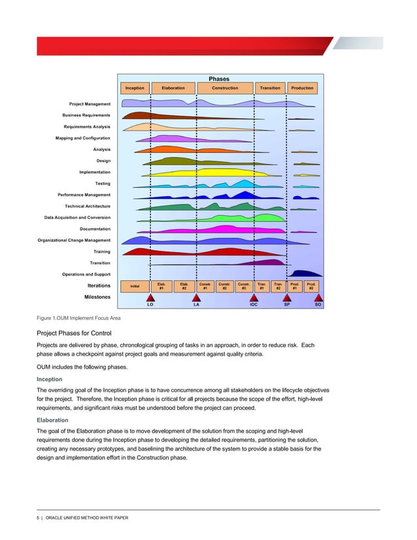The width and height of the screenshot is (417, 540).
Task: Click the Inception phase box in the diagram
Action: pos(135,88)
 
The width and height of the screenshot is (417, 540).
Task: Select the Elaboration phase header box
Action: pos(173,88)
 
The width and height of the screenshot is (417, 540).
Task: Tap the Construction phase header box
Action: pos(225,88)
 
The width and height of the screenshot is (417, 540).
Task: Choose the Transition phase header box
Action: pos(270,88)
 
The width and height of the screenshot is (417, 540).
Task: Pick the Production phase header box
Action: pos(302,88)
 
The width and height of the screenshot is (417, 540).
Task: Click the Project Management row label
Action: pos(90,104)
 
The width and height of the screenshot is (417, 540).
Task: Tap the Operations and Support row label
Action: pos(86,274)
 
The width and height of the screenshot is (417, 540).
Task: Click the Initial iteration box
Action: pos(135,286)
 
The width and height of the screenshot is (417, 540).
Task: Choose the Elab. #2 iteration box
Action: pos(185,286)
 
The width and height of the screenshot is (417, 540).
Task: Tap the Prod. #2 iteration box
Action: pos(312,286)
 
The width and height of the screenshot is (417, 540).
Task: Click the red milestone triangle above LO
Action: pos(150,297)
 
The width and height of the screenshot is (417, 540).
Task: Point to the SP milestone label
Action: pos(286,305)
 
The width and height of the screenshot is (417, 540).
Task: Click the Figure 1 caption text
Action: pos(78,318)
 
